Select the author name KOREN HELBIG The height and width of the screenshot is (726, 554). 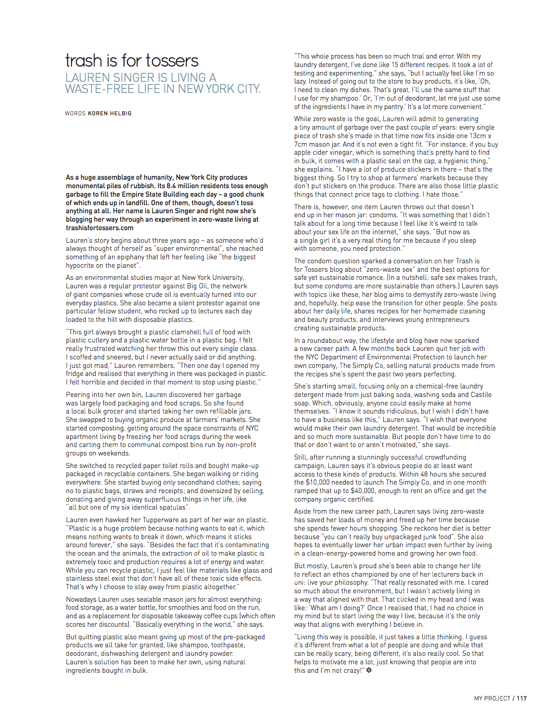tap(109, 114)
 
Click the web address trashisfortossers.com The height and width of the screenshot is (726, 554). tap(100, 228)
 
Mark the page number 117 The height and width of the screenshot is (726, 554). tap(522, 698)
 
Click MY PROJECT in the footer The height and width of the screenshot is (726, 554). tap(492, 698)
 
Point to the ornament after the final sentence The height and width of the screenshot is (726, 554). tap(369, 671)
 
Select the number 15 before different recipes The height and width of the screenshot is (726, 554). tap(395, 65)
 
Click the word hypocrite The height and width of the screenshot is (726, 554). tap(81, 266)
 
